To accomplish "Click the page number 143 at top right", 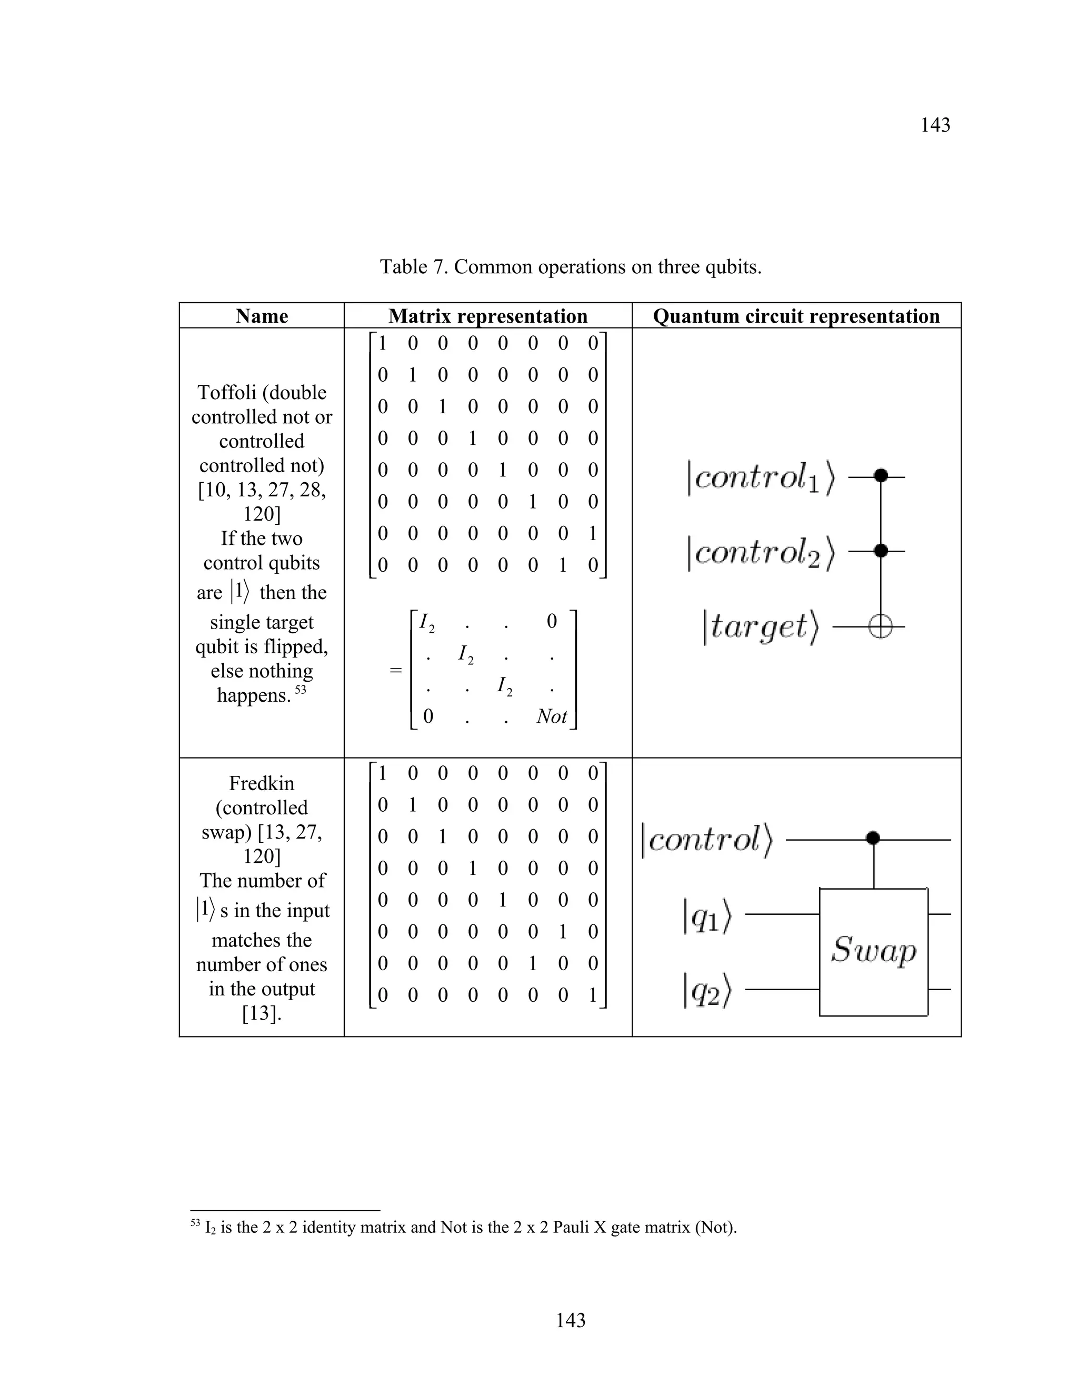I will coord(935,125).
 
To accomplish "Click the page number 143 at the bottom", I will coord(570,1320).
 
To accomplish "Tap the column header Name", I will coord(261,316).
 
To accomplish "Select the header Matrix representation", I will coord(488,316).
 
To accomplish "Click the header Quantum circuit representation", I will coord(796,316).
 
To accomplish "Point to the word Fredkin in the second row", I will coord(261,783).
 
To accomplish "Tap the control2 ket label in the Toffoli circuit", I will coord(761,553).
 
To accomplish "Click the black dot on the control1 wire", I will coord(881,475).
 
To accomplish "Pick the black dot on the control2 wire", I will coord(881,550).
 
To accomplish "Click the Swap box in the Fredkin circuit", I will coord(873,952).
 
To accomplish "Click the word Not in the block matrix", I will coord(551,716).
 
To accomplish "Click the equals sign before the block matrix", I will coord(396,670).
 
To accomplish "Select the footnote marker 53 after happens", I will coord(300,690).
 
